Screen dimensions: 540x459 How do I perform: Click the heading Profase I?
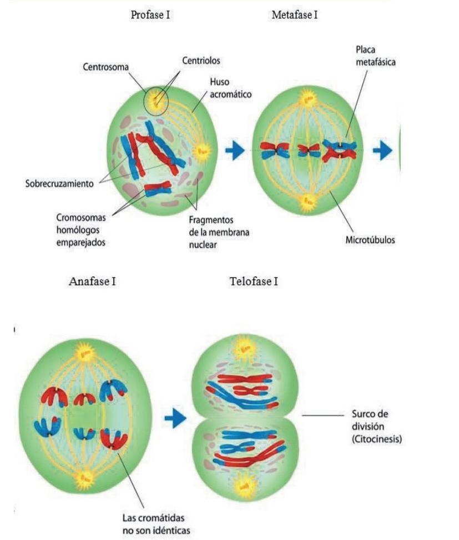(x=150, y=15)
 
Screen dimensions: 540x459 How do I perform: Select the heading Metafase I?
(x=294, y=15)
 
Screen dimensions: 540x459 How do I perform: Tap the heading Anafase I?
(x=92, y=281)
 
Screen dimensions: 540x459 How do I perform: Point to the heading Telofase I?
(x=254, y=281)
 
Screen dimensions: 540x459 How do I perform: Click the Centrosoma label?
(x=105, y=67)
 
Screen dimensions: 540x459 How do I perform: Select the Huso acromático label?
(x=230, y=88)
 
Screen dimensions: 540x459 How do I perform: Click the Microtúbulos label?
(x=370, y=241)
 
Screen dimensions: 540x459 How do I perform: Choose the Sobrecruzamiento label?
(x=59, y=183)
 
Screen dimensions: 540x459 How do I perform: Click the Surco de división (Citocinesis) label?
(x=377, y=427)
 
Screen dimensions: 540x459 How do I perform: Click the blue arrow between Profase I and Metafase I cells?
(x=235, y=150)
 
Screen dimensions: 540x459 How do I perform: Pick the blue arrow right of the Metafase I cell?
(x=382, y=151)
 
